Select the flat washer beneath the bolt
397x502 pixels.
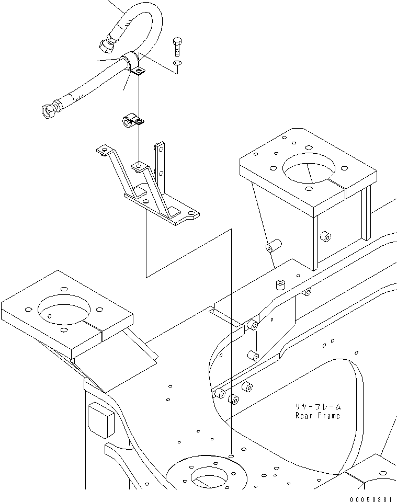click(x=178, y=63)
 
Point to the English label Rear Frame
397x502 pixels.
click(x=317, y=416)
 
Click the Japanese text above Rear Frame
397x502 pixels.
click(x=317, y=406)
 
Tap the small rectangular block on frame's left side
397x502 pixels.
click(x=100, y=420)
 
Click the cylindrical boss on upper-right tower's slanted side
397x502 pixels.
click(x=273, y=245)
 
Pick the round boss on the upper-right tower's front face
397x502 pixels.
click(x=326, y=237)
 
